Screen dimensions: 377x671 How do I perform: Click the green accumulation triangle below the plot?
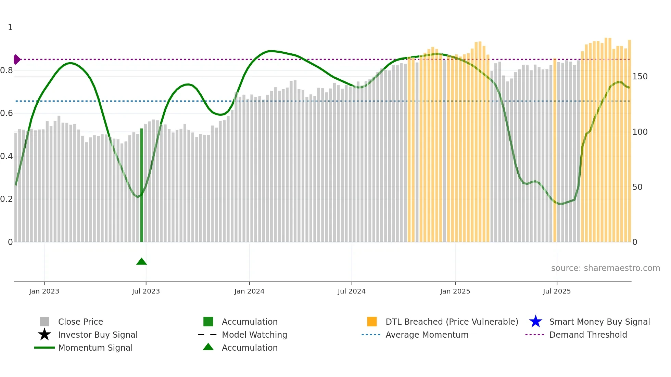pos(141,262)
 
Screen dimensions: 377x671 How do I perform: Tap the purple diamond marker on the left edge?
pos(16,60)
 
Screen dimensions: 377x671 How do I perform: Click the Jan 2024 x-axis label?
pos(249,291)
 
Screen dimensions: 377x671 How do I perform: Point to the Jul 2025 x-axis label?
pos(557,291)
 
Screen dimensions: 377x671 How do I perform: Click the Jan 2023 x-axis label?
pos(44,291)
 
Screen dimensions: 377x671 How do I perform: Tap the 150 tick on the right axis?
pos(640,77)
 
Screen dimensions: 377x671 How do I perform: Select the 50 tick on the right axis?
pos(637,187)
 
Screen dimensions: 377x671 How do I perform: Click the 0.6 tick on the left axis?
pos(7,113)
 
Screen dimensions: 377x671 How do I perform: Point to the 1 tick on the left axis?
pos(10,27)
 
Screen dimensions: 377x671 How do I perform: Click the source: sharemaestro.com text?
pos(605,268)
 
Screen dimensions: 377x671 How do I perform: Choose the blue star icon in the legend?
pos(535,322)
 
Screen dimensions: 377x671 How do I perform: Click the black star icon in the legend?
pos(45,335)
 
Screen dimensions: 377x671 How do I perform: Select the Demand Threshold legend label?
pos(588,335)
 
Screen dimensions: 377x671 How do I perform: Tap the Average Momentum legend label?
pos(427,335)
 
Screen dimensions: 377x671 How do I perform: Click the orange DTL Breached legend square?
pos(372,322)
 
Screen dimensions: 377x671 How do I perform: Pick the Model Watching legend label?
pos(254,335)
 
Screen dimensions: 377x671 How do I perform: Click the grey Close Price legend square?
pos(45,322)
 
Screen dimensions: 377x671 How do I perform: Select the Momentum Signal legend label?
pos(95,348)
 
